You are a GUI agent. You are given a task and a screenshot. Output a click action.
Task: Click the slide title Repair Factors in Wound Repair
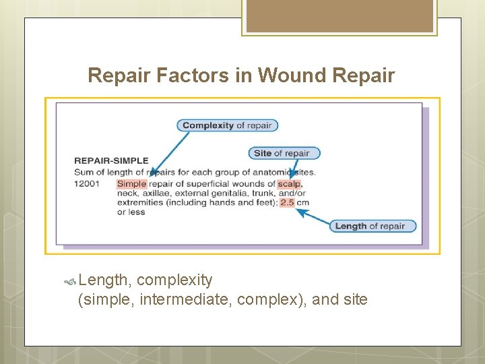241,75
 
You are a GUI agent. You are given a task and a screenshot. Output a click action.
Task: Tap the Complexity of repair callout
227,125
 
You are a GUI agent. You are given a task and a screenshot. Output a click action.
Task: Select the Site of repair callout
284,153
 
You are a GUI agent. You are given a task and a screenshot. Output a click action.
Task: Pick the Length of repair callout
372,226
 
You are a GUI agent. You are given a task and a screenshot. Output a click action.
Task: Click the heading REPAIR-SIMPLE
111,161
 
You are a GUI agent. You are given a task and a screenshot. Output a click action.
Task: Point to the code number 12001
88,183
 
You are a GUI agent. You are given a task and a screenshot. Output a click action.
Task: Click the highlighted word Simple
131,183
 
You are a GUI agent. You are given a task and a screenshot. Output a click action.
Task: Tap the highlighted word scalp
290,183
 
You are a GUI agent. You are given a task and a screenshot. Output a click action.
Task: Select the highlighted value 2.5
287,202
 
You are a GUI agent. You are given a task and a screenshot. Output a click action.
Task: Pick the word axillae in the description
157,193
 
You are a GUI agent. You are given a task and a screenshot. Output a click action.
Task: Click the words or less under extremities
131,212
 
